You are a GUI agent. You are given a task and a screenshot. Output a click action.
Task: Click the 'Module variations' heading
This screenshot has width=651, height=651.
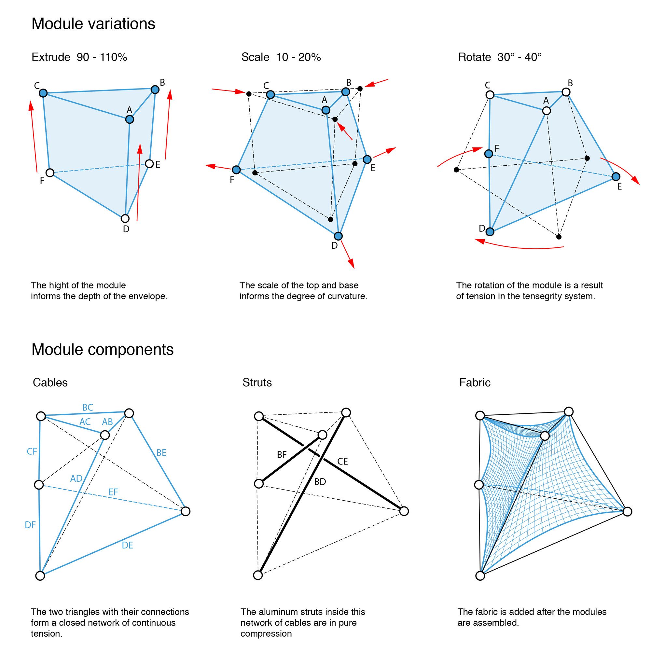coord(93,24)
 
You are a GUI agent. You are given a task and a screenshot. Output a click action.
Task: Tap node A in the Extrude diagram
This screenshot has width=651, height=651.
coord(130,119)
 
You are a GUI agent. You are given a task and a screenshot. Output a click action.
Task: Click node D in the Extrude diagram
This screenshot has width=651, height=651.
coord(125,219)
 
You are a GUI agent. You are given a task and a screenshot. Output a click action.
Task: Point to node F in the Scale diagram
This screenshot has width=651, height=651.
coord(237,170)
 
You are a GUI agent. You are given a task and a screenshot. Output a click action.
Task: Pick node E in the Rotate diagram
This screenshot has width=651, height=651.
coord(616,176)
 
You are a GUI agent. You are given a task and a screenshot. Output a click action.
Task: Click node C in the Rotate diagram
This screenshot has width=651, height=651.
coord(490,95)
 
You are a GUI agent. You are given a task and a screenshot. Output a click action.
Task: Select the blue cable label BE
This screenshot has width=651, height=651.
coord(161,453)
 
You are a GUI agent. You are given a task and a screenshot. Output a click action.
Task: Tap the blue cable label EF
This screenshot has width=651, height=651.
coord(113,492)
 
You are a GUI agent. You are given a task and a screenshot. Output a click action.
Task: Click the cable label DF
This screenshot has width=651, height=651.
coord(30,525)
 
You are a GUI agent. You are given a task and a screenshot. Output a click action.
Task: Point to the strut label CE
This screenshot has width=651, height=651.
coord(342,461)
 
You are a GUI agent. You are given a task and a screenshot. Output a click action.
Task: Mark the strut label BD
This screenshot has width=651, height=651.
coord(320,482)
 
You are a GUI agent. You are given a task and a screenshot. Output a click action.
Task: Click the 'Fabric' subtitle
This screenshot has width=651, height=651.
coord(475,382)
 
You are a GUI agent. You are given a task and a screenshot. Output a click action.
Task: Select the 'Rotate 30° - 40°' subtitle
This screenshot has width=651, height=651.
coord(500,57)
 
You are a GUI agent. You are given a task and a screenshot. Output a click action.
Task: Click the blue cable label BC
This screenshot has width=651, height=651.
coord(88,408)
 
